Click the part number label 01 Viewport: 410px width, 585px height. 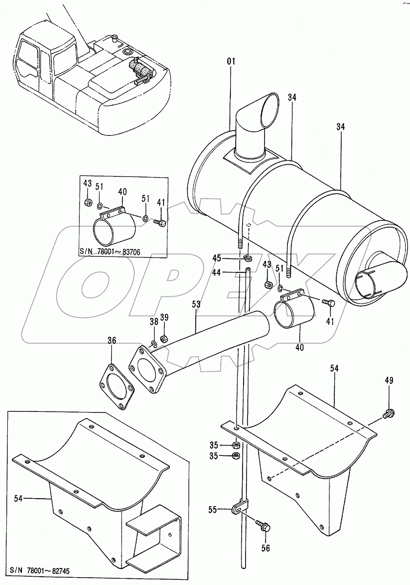[231, 61]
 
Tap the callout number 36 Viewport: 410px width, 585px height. [112, 341]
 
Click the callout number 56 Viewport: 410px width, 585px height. [265, 548]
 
